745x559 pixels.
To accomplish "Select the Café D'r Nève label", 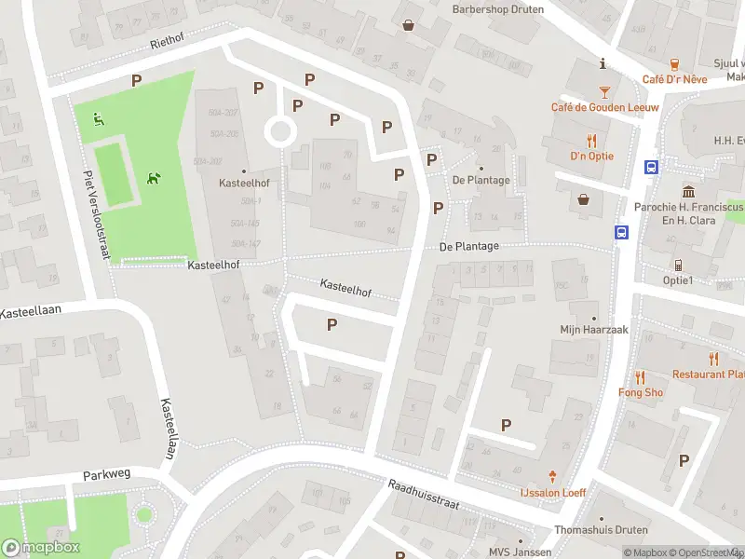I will (674, 79).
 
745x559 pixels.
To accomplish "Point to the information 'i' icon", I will (603, 63).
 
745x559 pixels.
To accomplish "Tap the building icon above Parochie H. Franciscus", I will (688, 190).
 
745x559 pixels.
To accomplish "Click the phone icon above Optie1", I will (678, 265).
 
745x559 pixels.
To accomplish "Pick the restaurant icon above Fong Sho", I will (641, 377).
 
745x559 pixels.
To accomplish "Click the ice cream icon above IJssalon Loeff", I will (552, 476).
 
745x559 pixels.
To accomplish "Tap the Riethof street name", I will (169, 44).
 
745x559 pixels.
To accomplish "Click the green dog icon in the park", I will (154, 177).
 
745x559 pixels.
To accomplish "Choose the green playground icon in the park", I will (98, 118).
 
